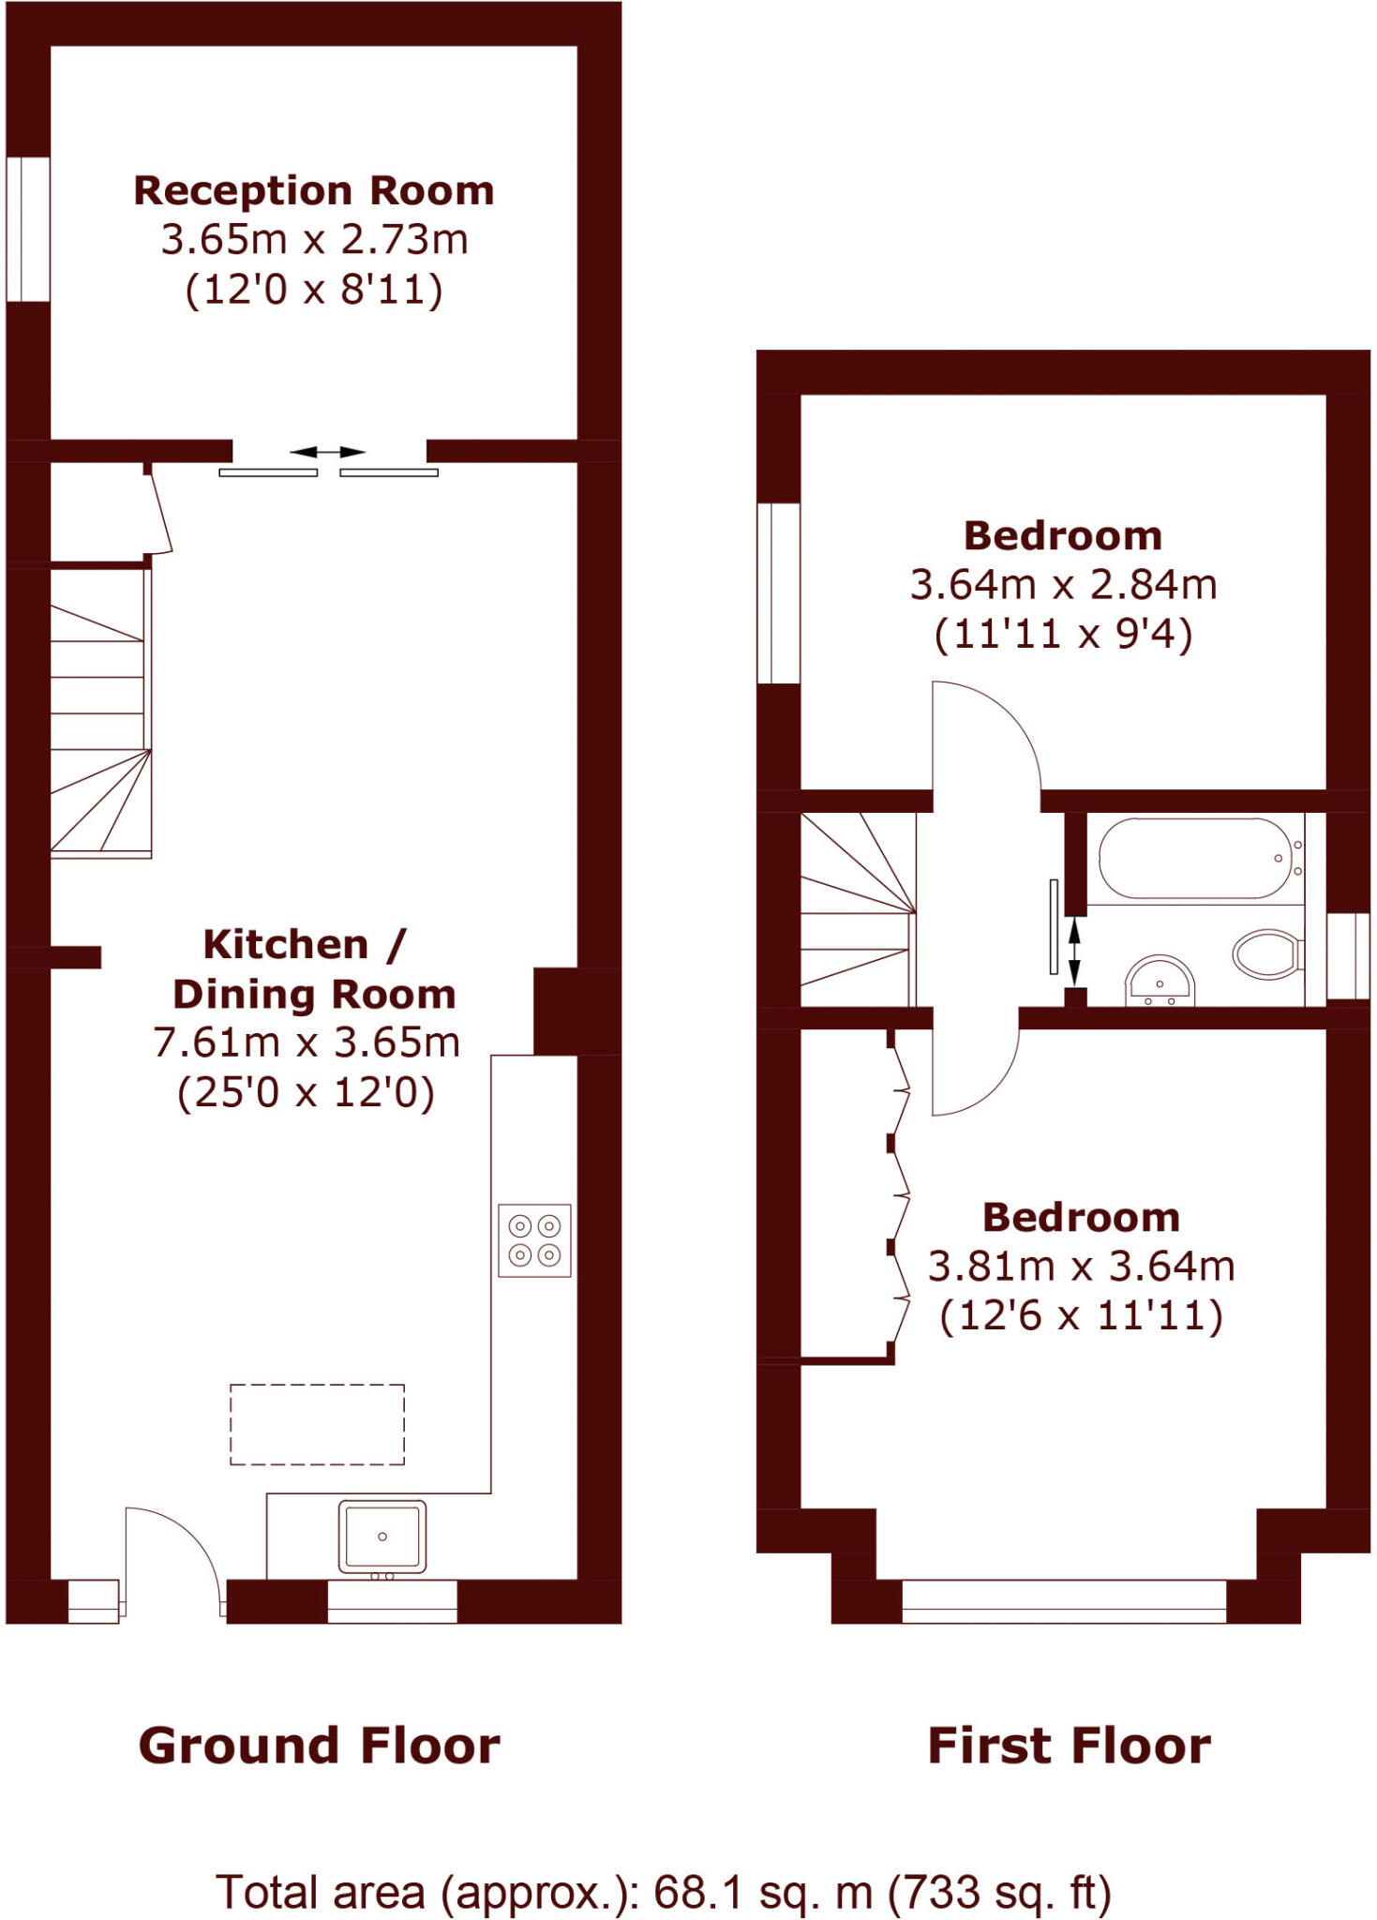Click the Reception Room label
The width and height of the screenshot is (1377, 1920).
click(313, 191)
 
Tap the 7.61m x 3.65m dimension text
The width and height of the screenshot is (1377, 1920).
click(307, 1042)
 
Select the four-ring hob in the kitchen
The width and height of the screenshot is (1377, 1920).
click(534, 1239)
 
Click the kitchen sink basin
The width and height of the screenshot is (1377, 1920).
click(382, 1536)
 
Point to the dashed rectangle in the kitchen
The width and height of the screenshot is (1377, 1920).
click(317, 1423)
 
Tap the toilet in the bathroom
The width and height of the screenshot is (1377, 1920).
click(1265, 954)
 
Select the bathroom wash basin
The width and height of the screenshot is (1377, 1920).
click(1160, 981)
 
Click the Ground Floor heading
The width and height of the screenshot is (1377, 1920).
click(319, 1747)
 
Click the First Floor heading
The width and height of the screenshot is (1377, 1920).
click(1069, 1747)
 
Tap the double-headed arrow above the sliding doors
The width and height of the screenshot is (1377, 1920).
click(326, 452)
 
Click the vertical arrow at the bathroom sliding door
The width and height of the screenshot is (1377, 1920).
click(1074, 951)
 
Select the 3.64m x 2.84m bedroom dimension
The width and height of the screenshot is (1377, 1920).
click(1063, 585)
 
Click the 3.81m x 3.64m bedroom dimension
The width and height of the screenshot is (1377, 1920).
click(1081, 1267)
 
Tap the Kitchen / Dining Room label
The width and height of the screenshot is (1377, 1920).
click(313, 969)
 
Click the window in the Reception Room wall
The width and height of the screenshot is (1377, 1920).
click(28, 229)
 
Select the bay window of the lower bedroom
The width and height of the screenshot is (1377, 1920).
click(1064, 1600)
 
